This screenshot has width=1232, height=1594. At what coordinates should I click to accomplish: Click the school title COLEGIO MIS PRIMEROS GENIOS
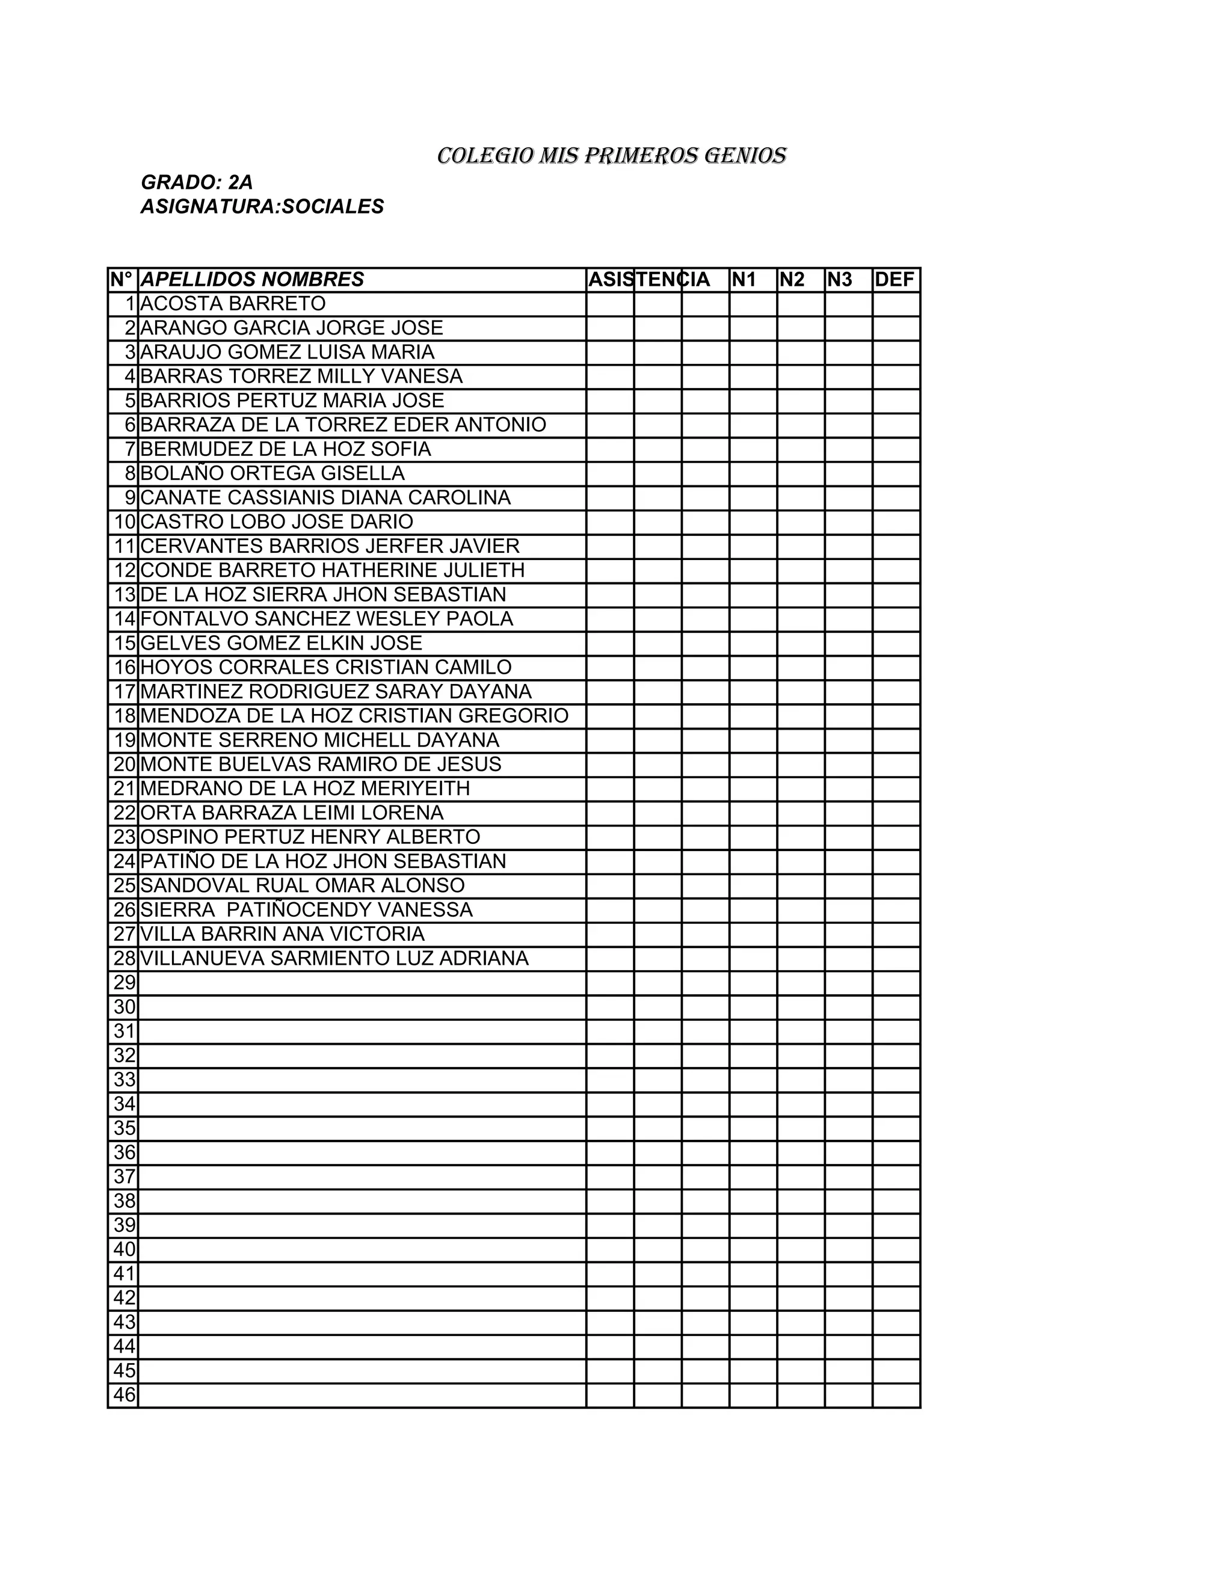[x=612, y=155]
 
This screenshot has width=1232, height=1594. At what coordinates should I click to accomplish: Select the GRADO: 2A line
[x=196, y=182]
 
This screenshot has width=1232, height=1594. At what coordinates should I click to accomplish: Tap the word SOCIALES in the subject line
[x=333, y=206]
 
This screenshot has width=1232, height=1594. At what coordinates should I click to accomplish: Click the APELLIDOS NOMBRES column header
[x=252, y=280]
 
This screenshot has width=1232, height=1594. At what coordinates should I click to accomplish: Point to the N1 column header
[x=744, y=280]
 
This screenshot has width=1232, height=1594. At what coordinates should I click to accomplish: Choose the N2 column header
[x=792, y=280]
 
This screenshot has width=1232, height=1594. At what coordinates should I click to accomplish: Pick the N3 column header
[x=839, y=280]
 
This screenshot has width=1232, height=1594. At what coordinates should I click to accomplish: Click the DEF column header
[x=894, y=280]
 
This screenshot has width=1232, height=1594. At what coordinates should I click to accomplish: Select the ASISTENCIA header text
[x=649, y=280]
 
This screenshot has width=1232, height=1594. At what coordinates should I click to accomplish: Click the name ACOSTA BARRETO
[x=233, y=304]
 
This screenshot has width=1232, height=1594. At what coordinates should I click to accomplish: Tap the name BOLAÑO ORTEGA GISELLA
[x=273, y=473]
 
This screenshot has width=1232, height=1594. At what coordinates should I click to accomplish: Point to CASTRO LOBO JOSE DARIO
[x=277, y=522]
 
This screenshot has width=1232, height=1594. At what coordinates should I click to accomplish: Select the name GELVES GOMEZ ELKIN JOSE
[x=281, y=643]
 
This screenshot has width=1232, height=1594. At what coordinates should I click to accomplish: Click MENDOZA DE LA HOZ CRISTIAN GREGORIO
[x=354, y=715]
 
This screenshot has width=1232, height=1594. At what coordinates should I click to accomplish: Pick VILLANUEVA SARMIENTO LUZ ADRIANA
[x=334, y=958]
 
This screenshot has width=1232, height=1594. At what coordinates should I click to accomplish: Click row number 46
[x=124, y=1395]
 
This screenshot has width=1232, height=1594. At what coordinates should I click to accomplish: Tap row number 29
[x=124, y=983]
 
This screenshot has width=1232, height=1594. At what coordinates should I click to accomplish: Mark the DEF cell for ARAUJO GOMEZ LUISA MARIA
[x=896, y=352]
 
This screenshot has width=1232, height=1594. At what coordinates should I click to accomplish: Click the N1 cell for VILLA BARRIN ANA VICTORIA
[x=753, y=934]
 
